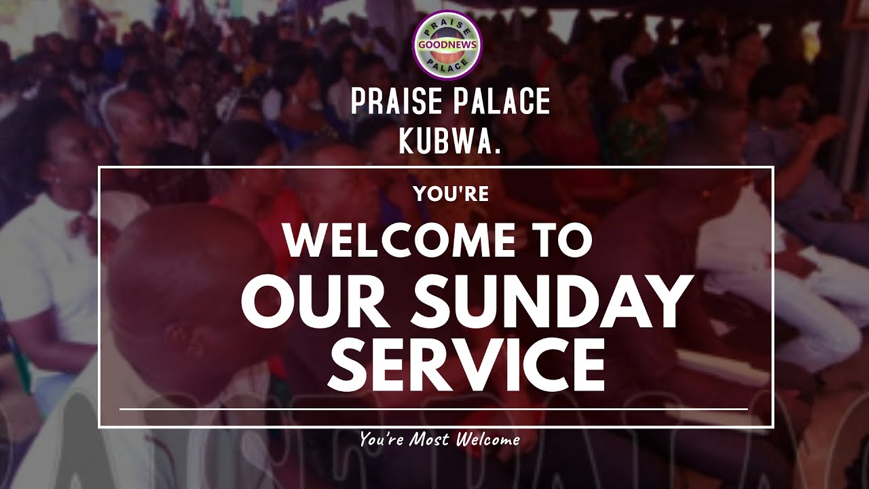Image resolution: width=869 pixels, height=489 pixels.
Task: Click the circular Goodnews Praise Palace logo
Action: point(447,44)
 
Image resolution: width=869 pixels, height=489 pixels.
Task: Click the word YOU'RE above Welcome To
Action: point(451,194)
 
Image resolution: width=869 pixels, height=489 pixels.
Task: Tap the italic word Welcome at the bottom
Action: point(489,439)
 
